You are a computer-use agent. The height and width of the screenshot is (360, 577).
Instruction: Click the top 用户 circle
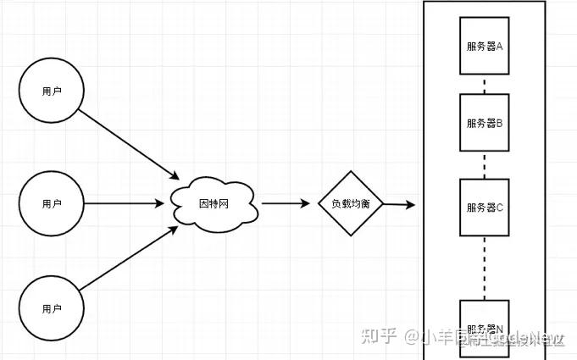52,91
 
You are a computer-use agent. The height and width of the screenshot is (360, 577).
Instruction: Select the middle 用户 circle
52,204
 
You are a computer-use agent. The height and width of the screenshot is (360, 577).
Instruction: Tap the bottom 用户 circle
52,309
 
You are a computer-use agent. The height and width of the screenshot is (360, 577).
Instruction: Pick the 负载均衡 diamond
351,204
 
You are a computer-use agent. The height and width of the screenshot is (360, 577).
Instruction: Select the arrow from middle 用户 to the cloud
124,204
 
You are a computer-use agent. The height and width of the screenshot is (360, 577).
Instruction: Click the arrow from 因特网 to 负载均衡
285,204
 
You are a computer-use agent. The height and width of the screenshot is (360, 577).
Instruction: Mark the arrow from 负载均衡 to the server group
400,205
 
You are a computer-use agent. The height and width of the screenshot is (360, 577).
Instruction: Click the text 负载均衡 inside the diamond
351,205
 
